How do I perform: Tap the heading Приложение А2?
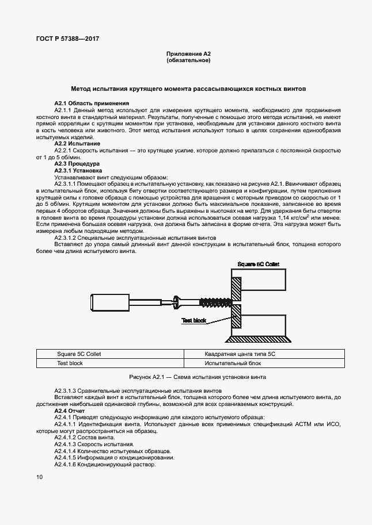(x=188, y=53)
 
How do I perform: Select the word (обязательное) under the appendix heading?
(x=188, y=60)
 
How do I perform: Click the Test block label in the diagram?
(x=194, y=320)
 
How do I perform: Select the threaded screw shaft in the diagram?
(x=215, y=301)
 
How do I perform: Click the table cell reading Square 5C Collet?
(x=79, y=354)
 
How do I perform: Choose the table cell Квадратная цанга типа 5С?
(x=241, y=354)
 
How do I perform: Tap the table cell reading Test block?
(x=70, y=363)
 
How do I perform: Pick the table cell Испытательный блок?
(x=233, y=363)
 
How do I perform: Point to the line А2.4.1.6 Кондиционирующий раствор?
(x=105, y=465)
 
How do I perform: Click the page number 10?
(x=39, y=477)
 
